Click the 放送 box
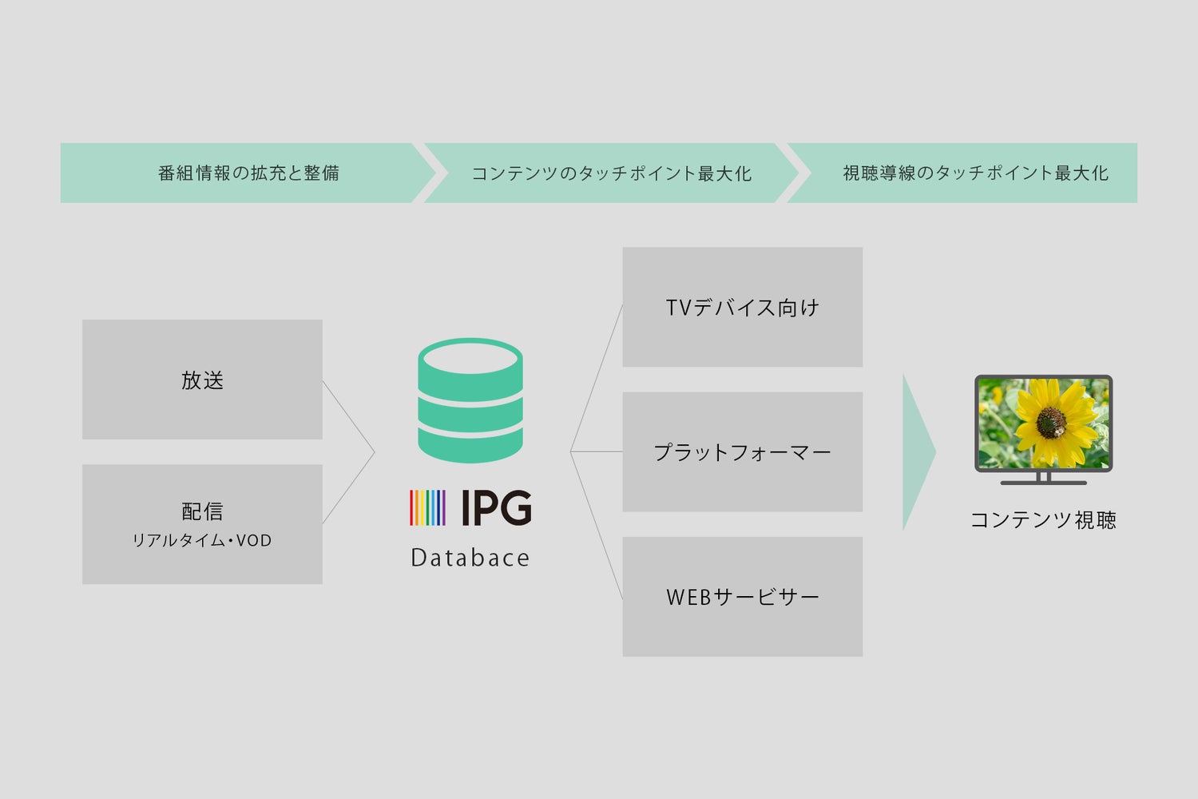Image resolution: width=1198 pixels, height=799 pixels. point(202,380)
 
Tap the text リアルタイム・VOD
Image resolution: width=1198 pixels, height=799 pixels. point(202,541)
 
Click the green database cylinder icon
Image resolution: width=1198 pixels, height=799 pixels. point(470,400)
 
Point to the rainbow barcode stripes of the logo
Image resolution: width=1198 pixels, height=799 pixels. point(427,507)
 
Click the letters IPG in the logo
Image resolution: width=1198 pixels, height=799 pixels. point(496,507)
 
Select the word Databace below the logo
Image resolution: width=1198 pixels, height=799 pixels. point(470,558)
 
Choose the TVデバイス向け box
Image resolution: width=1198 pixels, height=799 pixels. point(742,308)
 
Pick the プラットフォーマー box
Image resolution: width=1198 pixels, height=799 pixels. point(742,452)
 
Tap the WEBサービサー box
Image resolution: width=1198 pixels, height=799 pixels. point(742,597)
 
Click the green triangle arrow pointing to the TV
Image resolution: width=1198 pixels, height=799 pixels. point(918,452)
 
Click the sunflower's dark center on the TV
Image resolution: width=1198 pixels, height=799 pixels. point(1050,420)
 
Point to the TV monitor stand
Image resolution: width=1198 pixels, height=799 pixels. point(1043,479)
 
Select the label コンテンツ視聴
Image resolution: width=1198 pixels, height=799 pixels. point(1042,520)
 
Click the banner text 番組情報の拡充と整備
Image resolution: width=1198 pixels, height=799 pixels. point(248,173)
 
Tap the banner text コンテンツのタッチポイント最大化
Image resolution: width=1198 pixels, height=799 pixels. point(611,173)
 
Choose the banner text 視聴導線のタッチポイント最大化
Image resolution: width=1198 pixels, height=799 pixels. point(975,173)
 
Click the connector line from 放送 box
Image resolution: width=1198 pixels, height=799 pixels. point(348,416)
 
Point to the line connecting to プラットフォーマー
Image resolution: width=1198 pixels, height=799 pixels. point(597,451)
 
